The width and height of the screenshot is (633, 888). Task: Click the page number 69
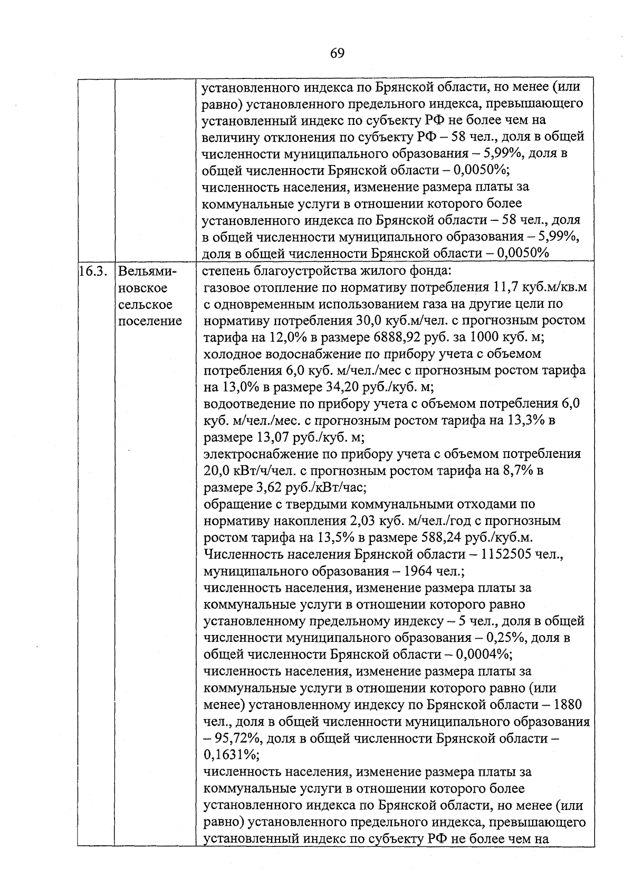[338, 53]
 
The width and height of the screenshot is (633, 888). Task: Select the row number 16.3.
[95, 271]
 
